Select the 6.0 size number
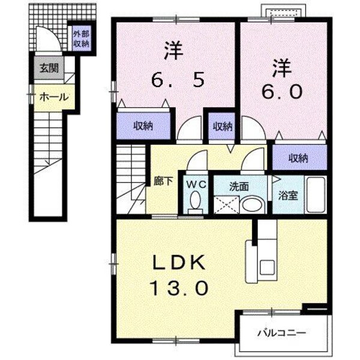pos(284,92)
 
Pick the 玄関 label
pos(49,67)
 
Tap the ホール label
pos(53,98)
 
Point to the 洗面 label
pos(238,185)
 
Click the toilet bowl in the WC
pos(196,200)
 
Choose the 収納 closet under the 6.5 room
pos(143,127)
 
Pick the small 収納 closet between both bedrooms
pos(221,127)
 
